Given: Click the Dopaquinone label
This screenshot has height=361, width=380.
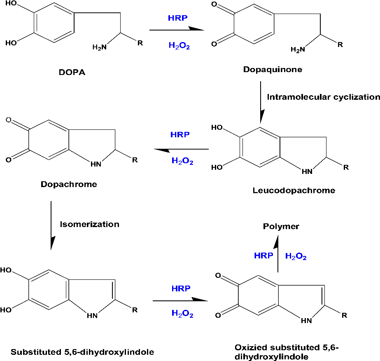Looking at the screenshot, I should pos(278,69).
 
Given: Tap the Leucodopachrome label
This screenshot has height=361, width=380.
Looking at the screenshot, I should pos(294,190).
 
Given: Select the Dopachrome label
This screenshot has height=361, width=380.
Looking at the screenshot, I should pos(69,184).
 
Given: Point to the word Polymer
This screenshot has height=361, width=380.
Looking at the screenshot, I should pos(281,226).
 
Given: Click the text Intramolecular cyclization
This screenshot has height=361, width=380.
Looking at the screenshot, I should pos(323,97).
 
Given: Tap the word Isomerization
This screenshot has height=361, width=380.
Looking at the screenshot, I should pos(89,225).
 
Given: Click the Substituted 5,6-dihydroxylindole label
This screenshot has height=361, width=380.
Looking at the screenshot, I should pos(82,352).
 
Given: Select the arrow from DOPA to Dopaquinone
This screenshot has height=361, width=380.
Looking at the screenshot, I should pos(177,30).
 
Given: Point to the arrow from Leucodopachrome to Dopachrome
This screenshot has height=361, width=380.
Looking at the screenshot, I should pos(181,150).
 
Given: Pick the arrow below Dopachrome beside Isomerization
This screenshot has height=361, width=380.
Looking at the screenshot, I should pos(51,225).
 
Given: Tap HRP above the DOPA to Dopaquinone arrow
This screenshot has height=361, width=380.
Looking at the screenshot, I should pos(177,18).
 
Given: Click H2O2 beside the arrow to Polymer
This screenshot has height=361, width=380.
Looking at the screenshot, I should pos(296,257).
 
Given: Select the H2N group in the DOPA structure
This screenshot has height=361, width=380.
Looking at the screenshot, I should pos(99,47).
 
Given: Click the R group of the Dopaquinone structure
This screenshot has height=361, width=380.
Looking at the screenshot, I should pos(340,44).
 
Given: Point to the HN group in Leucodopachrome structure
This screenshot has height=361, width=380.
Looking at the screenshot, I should pos(307,172).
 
